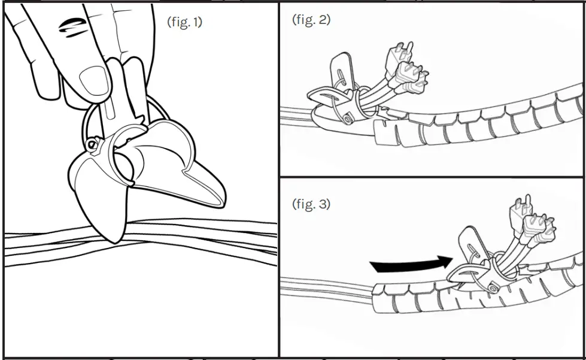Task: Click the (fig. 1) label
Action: (x=184, y=23)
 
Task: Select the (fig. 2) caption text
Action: (x=311, y=20)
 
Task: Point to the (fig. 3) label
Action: (x=311, y=204)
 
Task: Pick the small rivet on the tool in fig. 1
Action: (x=92, y=144)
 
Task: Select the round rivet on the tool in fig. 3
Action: (x=492, y=289)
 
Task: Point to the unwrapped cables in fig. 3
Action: (x=323, y=286)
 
